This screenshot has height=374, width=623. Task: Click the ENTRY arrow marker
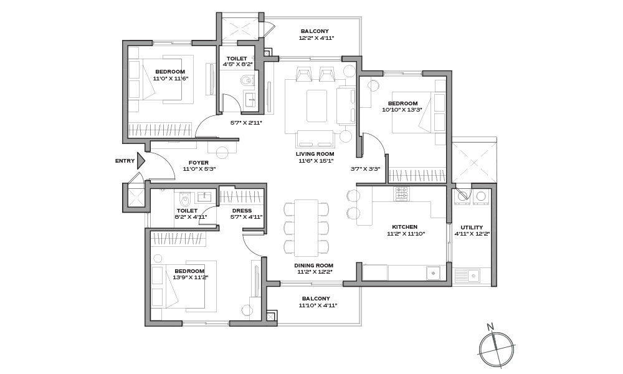[141, 161]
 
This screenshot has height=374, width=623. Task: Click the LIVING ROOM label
[315, 154]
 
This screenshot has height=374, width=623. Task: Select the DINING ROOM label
[314, 266]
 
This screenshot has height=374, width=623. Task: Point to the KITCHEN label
[404, 227]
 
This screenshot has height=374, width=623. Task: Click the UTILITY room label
[472, 228]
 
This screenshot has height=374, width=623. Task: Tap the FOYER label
[199, 163]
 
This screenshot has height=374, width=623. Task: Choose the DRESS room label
[242, 211]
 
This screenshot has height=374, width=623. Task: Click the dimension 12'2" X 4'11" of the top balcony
[316, 38]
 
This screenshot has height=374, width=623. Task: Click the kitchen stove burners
[402, 193]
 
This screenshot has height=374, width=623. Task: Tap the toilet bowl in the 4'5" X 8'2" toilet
[247, 80]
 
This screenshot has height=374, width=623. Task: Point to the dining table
[306, 228]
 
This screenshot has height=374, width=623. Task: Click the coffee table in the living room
[316, 106]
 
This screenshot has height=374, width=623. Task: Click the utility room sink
[473, 275]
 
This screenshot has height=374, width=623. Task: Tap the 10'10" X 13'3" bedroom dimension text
[402, 110]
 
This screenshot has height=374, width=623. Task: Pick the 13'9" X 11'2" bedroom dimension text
[190, 277]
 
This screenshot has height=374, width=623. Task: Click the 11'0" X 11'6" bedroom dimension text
[171, 79]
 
